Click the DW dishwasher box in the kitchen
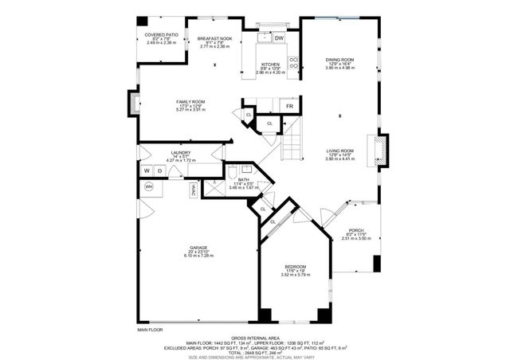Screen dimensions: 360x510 (279, 37)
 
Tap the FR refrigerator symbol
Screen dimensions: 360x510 (289, 106)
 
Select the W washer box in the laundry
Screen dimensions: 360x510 (147, 170)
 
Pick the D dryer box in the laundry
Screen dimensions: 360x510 (159, 170)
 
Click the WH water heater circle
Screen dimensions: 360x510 (149, 187)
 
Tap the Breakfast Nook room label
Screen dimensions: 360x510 (214, 42)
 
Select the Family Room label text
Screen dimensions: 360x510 (190, 105)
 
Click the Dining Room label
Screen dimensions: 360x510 (340, 63)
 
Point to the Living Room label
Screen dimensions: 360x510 (340, 154)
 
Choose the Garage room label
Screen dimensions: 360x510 (198, 251)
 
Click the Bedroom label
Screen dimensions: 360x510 (295, 270)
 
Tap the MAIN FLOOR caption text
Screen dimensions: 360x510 (150, 329)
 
